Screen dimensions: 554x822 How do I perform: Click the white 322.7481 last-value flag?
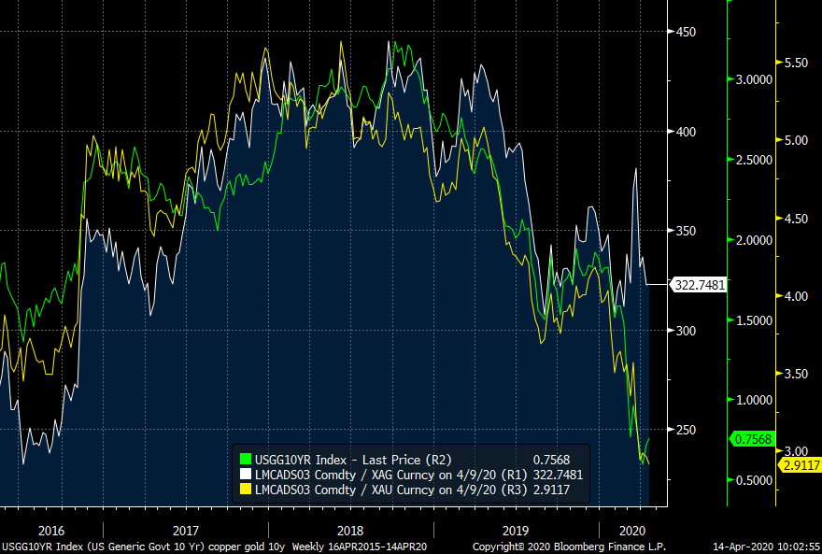[699, 284]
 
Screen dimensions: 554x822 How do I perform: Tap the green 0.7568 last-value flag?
[752, 439]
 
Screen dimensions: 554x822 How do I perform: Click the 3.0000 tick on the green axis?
[755, 80]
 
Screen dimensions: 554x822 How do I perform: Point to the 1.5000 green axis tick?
[755, 320]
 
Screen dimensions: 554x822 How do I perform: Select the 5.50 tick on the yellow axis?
[797, 63]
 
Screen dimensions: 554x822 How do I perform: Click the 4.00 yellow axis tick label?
[797, 296]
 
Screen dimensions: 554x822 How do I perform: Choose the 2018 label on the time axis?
[335, 528]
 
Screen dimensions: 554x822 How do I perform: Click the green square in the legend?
[247, 459]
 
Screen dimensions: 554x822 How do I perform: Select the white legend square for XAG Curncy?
[247, 474]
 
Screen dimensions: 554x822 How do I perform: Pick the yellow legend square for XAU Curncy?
[247, 489]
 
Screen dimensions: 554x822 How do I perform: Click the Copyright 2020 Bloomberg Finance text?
[569, 547]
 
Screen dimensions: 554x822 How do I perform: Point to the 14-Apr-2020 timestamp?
[763, 547]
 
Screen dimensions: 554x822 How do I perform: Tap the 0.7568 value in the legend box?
[551, 459]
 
